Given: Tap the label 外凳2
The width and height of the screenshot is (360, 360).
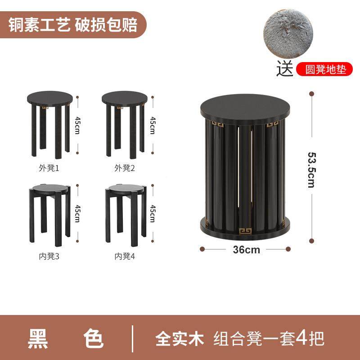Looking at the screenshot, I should pos(125,168).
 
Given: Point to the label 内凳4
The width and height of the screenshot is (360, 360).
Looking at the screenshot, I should pos(125,256).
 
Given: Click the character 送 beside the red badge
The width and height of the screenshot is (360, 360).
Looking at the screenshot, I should pos(285,69).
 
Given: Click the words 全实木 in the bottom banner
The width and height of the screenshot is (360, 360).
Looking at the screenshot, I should pos(180,337).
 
